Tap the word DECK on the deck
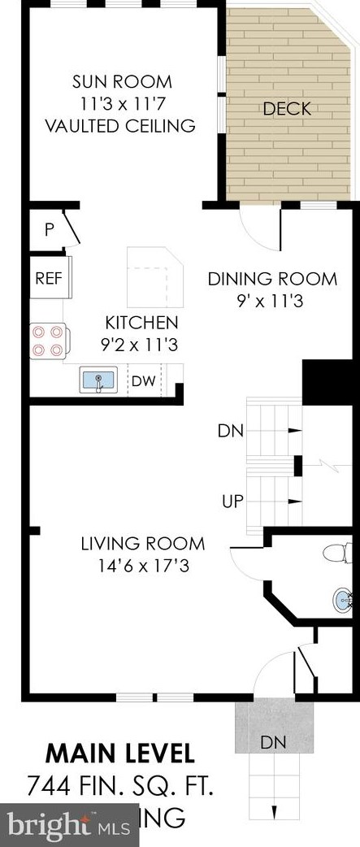click(x=286, y=109)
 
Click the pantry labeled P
click(x=49, y=229)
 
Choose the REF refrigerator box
click(x=50, y=278)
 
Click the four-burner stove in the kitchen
click(x=48, y=341)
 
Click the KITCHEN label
click(x=139, y=322)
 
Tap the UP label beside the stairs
click(x=232, y=499)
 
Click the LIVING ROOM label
click(x=142, y=544)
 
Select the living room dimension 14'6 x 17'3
click(x=142, y=566)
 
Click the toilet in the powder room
click(x=336, y=554)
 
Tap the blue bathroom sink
click(x=342, y=601)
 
